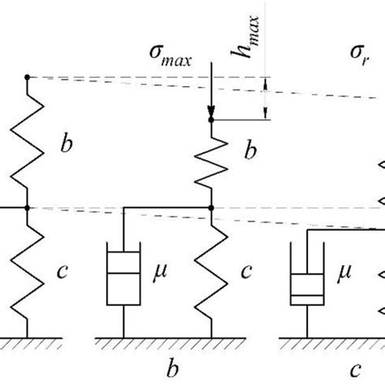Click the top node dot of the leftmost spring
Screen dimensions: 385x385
[28, 77]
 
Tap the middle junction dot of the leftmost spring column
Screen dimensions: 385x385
[28, 208]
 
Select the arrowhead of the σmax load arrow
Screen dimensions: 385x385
[211, 113]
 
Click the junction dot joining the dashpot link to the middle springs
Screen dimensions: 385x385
[211, 208]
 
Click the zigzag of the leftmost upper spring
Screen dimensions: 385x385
[28, 142]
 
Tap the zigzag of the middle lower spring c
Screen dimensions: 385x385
[211, 272]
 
